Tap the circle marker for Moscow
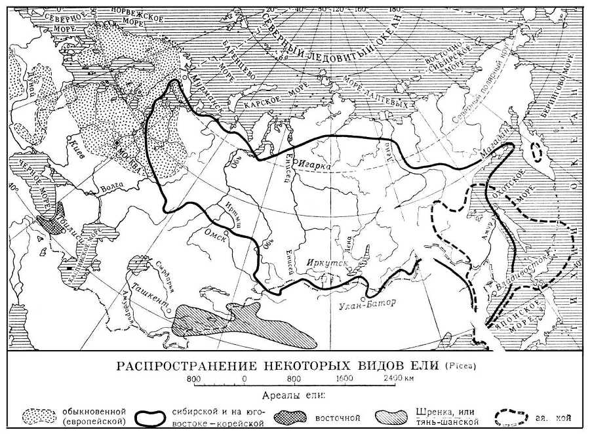117,142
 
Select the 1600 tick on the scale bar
342,378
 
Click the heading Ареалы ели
294,394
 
